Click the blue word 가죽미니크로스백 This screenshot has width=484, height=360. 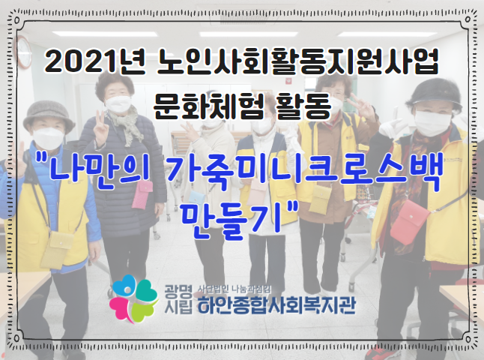click(305, 173)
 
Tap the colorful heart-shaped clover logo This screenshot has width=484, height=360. click(133, 298)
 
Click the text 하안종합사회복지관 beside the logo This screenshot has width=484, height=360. click(276, 304)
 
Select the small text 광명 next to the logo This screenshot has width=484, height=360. click(178, 291)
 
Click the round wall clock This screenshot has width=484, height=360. click(24, 52)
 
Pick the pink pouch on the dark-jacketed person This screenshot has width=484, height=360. click(142, 195)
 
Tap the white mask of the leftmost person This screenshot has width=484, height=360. click(49, 138)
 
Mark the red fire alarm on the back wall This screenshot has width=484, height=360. click(289, 81)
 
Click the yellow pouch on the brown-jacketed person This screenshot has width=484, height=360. click(320, 199)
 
